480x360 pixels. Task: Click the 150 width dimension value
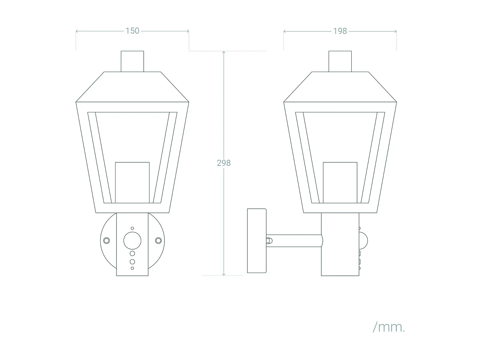point(132,31)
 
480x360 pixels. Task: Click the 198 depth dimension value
point(340,31)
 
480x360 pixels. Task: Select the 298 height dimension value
point(224,163)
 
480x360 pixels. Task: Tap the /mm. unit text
point(389,327)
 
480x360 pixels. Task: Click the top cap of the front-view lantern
point(132,61)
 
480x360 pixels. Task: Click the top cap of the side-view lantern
point(340,61)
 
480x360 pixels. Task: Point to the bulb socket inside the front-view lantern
point(132,182)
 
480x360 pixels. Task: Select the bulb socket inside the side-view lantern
point(340,182)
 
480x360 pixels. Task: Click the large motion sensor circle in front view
point(132,241)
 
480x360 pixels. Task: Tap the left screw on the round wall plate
point(106,240)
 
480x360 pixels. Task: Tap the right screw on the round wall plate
point(158,240)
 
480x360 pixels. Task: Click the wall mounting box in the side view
point(257,241)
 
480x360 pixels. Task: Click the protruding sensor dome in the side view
point(364,241)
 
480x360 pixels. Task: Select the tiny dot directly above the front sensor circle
point(132,228)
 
